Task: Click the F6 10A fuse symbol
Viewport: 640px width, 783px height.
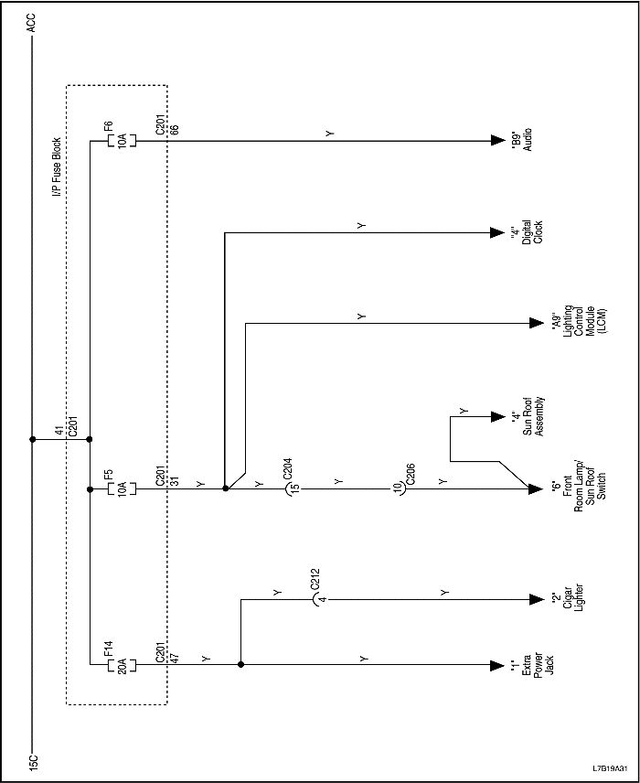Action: coord(122,141)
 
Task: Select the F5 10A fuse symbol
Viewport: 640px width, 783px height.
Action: coord(122,488)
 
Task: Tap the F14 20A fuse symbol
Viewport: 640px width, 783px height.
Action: coord(122,663)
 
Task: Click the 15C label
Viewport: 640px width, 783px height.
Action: coord(33,761)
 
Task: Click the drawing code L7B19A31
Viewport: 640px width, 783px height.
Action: coord(610,767)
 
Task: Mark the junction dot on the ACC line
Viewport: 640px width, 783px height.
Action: coord(33,439)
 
